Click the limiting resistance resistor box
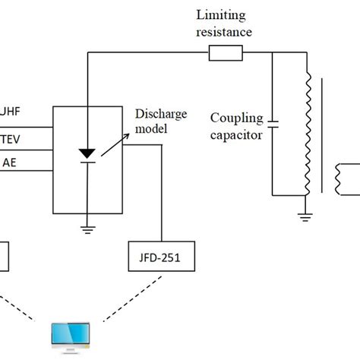coord(226,52)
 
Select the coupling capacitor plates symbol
coord(273,124)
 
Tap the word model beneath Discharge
coord(149,128)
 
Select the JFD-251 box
coord(161,258)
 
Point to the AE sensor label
coord(10,162)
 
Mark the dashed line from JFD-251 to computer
coord(114,308)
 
